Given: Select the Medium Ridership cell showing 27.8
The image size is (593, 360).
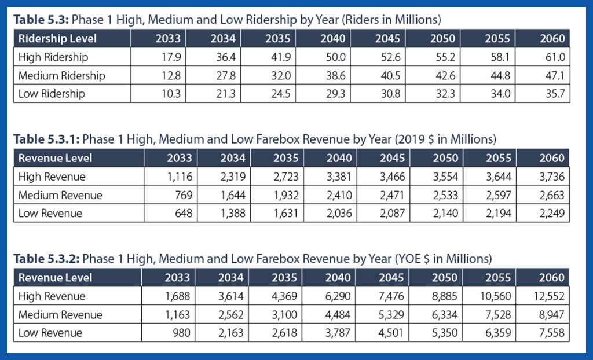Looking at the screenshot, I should point(226,76).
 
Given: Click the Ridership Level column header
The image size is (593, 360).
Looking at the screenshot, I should point(58,39).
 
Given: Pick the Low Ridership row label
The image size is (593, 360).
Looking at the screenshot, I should point(52,94).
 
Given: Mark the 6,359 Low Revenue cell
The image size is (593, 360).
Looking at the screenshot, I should point(496,333).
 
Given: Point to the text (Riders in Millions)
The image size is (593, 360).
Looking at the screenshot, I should point(390,20).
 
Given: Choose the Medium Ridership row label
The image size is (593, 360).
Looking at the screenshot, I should point(62,76).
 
